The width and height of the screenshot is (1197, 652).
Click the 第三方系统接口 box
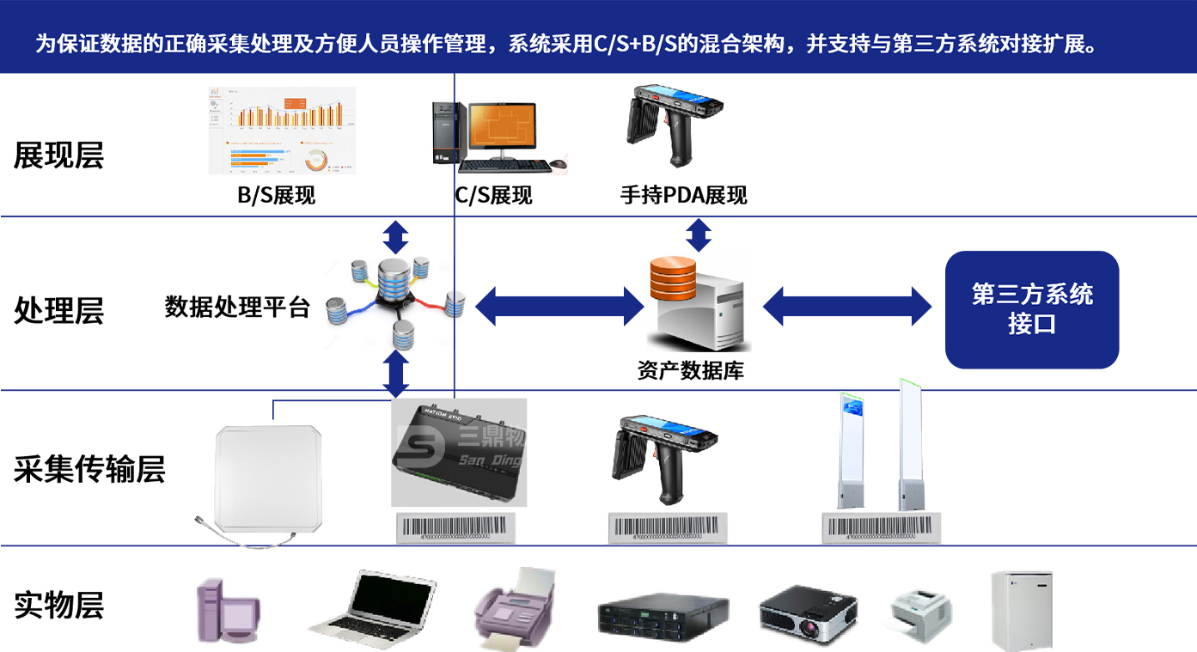(x=1031, y=309)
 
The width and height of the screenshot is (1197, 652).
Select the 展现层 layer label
(x=58, y=155)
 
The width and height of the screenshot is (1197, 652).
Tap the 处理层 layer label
(x=58, y=310)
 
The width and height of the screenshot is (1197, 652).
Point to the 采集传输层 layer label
(x=89, y=469)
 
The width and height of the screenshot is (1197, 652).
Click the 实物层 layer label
(x=58, y=605)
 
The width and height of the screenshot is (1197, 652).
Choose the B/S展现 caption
(x=276, y=196)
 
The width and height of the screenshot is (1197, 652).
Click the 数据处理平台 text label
(x=237, y=307)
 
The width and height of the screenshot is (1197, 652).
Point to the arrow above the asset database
(x=699, y=235)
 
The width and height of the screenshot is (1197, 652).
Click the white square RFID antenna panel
(x=272, y=478)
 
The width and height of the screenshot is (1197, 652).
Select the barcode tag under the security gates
(x=881, y=527)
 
